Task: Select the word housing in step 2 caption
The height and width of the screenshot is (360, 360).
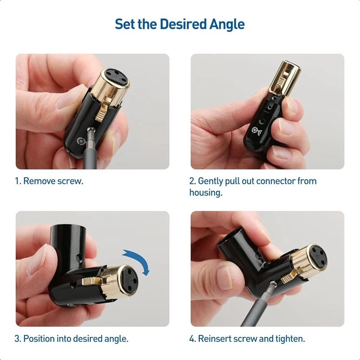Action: coord(205,193)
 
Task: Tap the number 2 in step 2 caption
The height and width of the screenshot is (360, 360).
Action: coord(191,181)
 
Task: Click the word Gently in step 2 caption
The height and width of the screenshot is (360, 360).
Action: coord(211,181)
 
